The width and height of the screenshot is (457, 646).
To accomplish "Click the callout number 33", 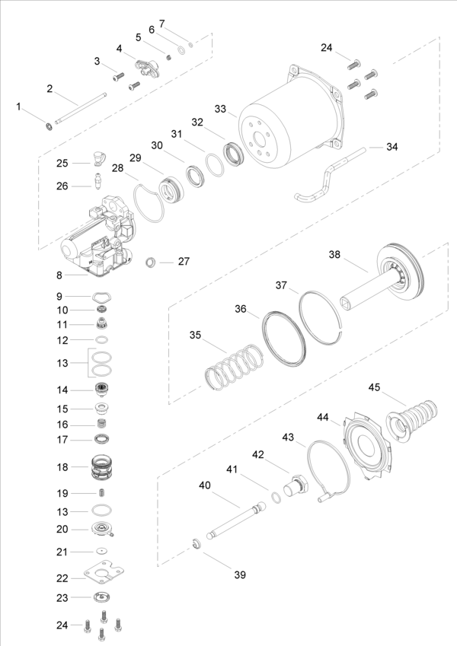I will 220,109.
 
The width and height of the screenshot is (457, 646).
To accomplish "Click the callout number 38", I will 336,254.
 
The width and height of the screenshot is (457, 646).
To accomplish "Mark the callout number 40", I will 205,485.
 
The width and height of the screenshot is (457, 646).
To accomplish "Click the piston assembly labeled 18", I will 102,466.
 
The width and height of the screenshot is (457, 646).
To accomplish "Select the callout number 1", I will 20,107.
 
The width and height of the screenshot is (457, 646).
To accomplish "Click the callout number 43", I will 288,438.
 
